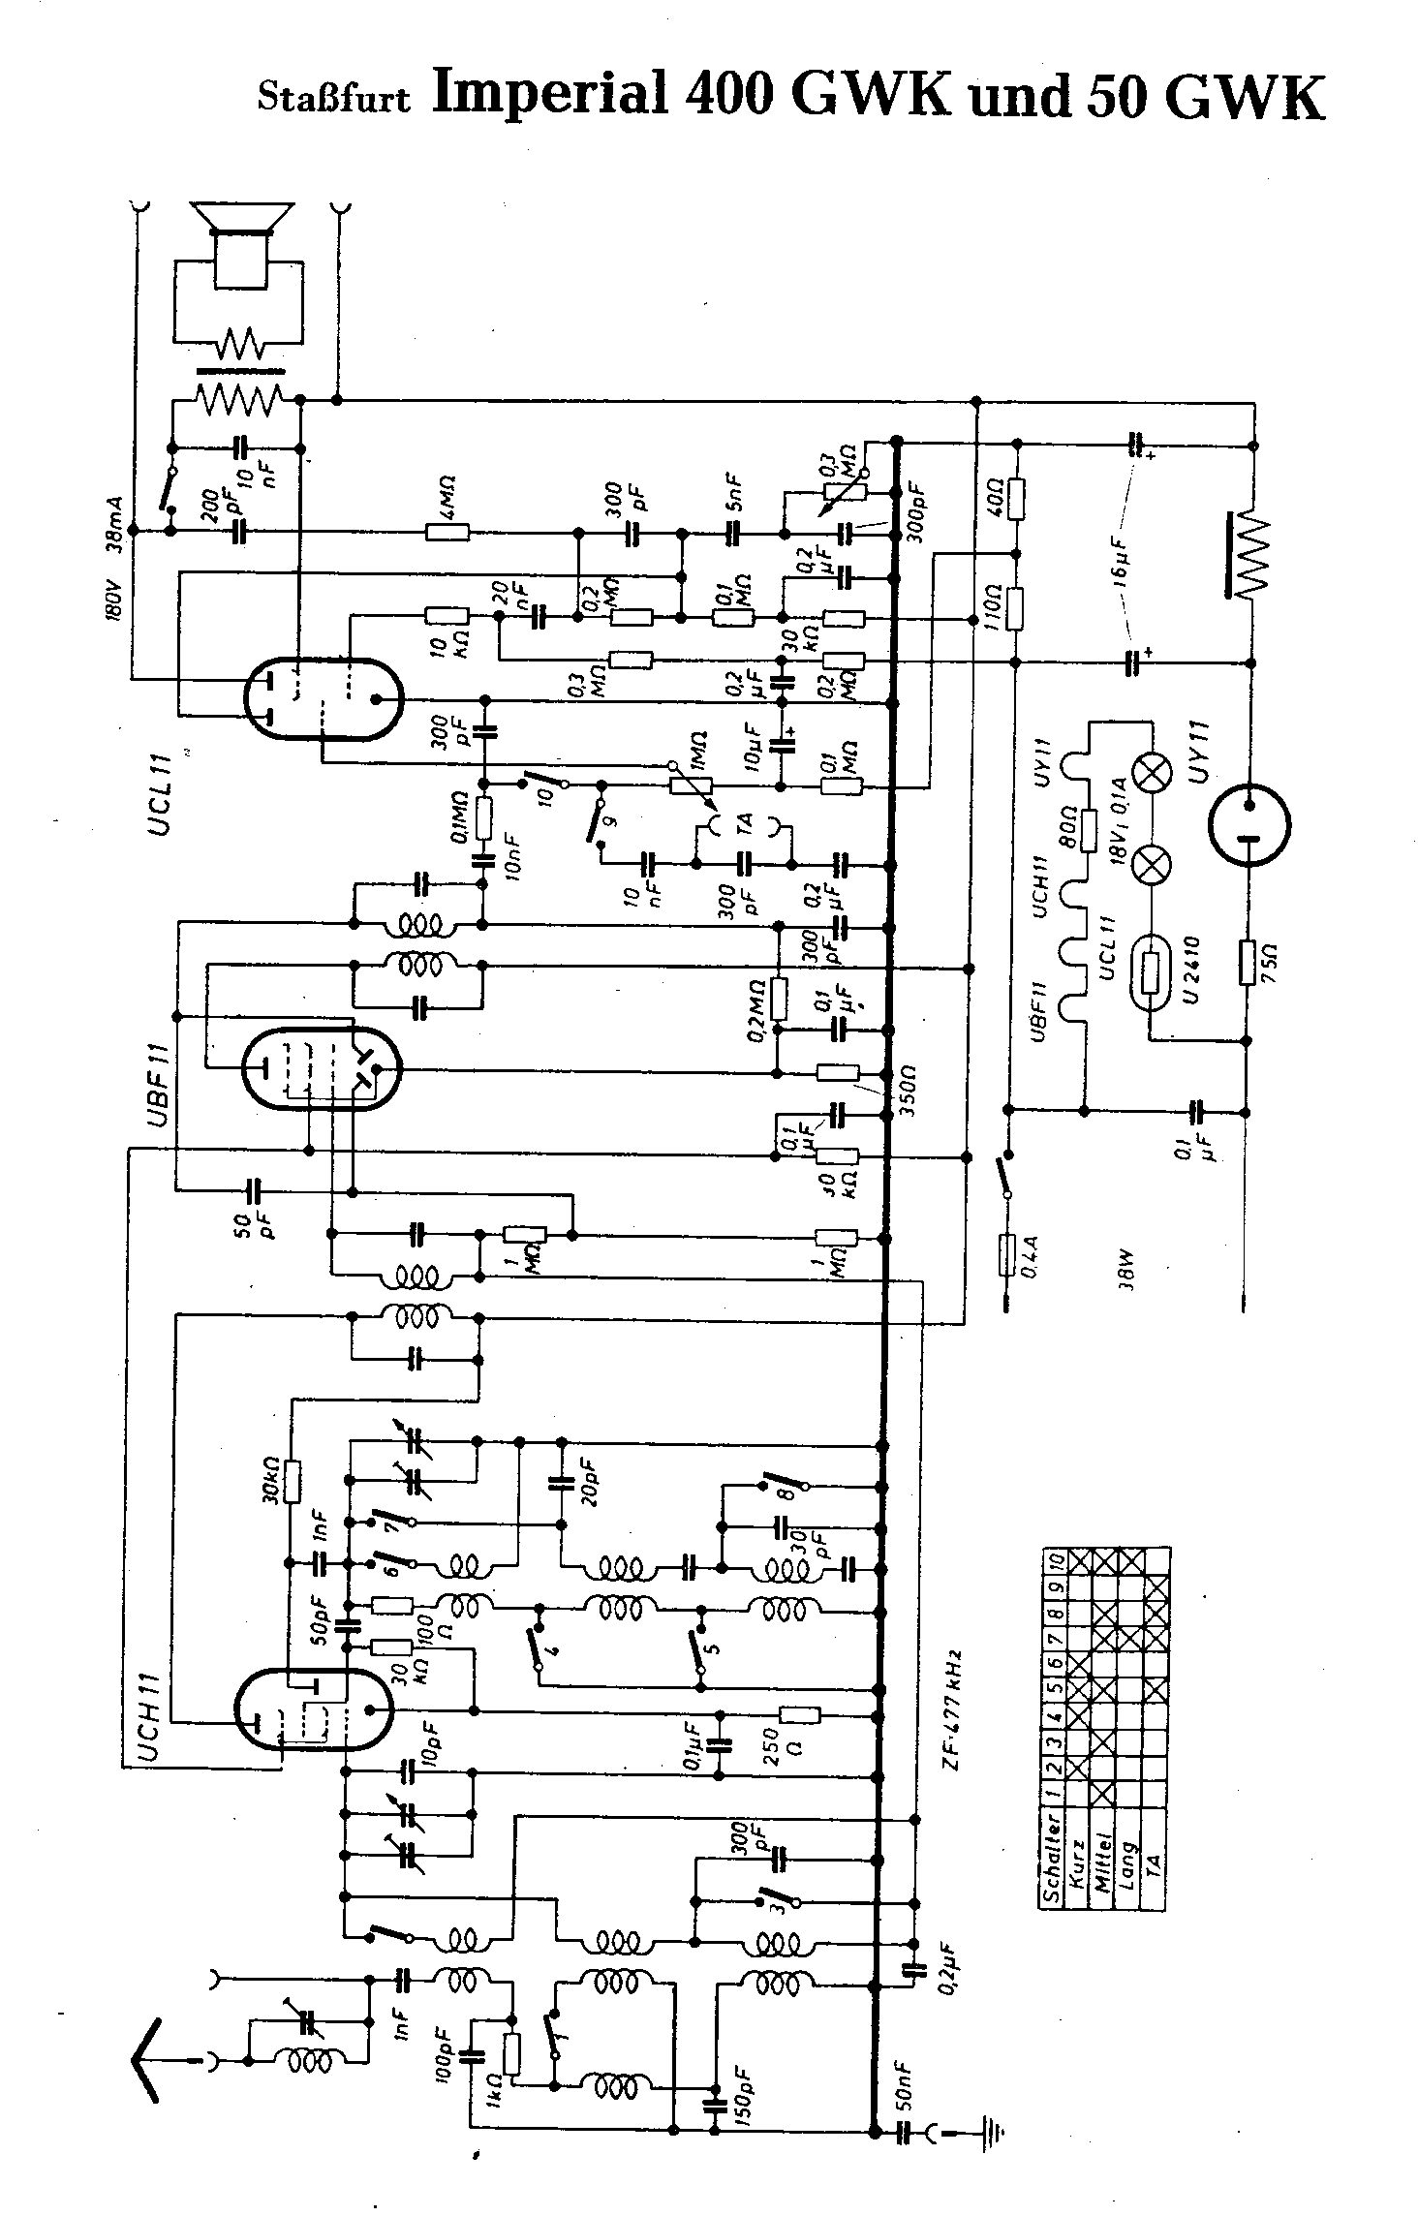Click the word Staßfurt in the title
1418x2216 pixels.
[x=334, y=98]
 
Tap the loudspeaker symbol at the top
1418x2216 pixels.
[x=241, y=242]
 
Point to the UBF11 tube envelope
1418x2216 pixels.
[x=321, y=1068]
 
